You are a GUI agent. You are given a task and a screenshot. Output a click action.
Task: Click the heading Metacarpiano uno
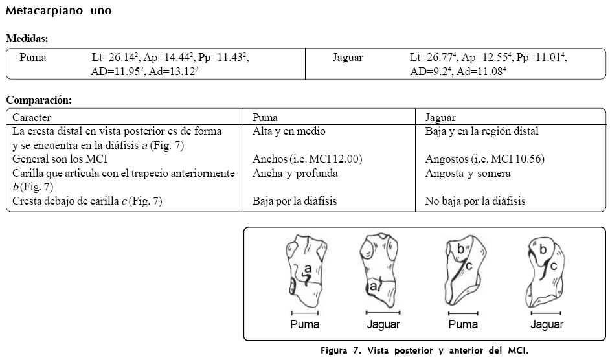pos(58,11)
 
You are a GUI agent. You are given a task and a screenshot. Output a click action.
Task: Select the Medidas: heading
pos(27,39)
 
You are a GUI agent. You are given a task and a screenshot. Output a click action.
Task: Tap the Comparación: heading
pos(38,100)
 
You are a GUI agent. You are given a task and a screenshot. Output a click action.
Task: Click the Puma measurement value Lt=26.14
pos(115,58)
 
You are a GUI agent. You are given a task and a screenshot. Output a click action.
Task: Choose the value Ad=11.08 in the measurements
pos(481,72)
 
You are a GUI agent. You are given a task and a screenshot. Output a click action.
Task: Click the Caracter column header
pos(32,118)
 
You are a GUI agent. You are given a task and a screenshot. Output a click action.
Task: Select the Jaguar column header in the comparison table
pos(440,118)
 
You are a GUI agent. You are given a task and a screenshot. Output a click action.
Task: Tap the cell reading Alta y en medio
pos(289,131)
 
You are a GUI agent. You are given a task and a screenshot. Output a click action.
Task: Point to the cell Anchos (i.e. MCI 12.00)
pos(307,159)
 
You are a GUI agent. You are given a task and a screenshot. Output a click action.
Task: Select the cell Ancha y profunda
pos(295,174)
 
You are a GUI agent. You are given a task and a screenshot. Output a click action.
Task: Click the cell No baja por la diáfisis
pos(475,201)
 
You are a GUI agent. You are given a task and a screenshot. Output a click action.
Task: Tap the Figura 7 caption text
pos(424,350)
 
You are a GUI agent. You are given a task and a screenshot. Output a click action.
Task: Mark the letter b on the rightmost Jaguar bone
pos(543,249)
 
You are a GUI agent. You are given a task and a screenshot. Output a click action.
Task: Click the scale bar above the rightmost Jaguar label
pos(547,313)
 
